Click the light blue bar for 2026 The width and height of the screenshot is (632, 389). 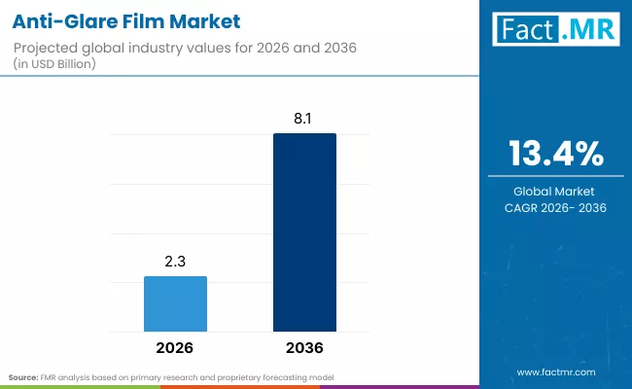point(175,304)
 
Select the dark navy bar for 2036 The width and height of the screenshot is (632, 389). point(304,232)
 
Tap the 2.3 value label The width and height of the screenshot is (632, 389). point(175,263)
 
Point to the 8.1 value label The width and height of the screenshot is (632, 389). point(304,120)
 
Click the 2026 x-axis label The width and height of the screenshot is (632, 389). point(175,347)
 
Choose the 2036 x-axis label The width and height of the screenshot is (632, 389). point(304,347)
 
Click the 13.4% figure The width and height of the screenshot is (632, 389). point(556,155)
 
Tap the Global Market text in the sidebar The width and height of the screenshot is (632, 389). point(556,192)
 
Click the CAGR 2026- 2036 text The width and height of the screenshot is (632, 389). point(556,207)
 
